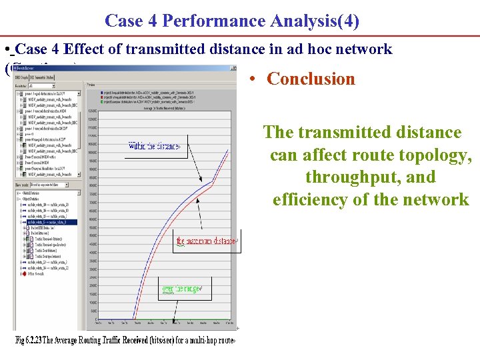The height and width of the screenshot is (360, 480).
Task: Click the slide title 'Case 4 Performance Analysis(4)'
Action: click(x=232, y=21)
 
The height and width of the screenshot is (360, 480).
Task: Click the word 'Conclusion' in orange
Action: click(x=311, y=79)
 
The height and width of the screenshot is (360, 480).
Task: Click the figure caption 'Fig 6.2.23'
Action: click(x=30, y=341)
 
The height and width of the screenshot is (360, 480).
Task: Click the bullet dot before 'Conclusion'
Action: click(x=251, y=79)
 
